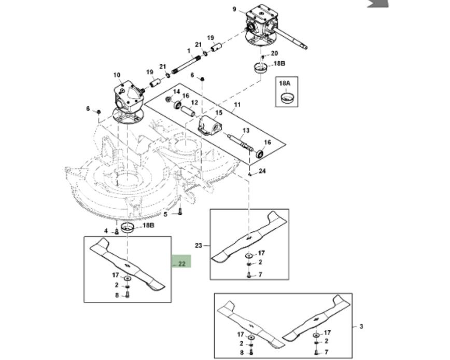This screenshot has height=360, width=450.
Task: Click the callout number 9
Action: (x=234, y=9)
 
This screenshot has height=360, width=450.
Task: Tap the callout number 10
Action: (x=117, y=75)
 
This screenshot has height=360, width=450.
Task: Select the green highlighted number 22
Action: (x=182, y=264)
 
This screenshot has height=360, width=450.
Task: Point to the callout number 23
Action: (x=199, y=245)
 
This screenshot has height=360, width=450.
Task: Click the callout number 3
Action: (x=361, y=326)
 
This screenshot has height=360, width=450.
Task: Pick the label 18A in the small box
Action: (x=285, y=83)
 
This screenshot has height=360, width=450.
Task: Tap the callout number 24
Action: (x=262, y=171)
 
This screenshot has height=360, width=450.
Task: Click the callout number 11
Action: (x=237, y=105)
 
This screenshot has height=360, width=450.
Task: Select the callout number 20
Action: (x=274, y=53)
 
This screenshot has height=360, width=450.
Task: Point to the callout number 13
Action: (x=246, y=131)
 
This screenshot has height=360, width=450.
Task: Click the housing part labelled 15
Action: (x=210, y=127)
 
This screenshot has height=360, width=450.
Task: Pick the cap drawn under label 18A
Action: (x=287, y=97)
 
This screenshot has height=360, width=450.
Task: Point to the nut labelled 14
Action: (x=168, y=100)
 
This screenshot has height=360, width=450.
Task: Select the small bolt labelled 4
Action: (x=116, y=231)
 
